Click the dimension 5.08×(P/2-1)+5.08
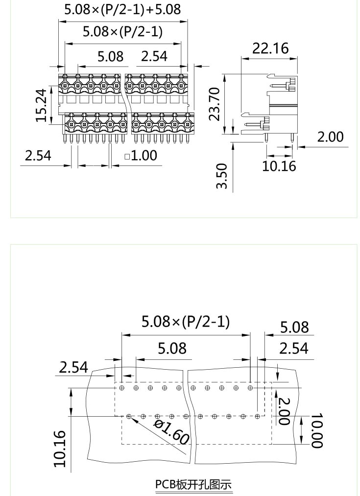click(x=122, y=9)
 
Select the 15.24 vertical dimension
click(x=43, y=105)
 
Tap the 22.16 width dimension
click(x=270, y=48)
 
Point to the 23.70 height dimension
click(x=214, y=104)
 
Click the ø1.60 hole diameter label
click(x=171, y=431)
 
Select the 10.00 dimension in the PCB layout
click(x=317, y=430)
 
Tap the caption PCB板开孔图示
click(x=193, y=484)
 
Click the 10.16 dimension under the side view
click(x=279, y=165)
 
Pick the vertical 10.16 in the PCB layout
click(x=59, y=449)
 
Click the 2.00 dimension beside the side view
click(x=330, y=137)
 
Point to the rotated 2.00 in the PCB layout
click(x=284, y=411)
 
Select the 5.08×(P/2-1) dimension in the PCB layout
click(x=186, y=322)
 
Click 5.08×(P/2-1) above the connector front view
click(x=122, y=32)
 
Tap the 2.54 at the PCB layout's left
click(x=73, y=367)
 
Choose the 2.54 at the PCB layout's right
click(x=294, y=348)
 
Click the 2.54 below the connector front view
click(x=38, y=156)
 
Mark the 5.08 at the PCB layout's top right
click(x=294, y=327)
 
